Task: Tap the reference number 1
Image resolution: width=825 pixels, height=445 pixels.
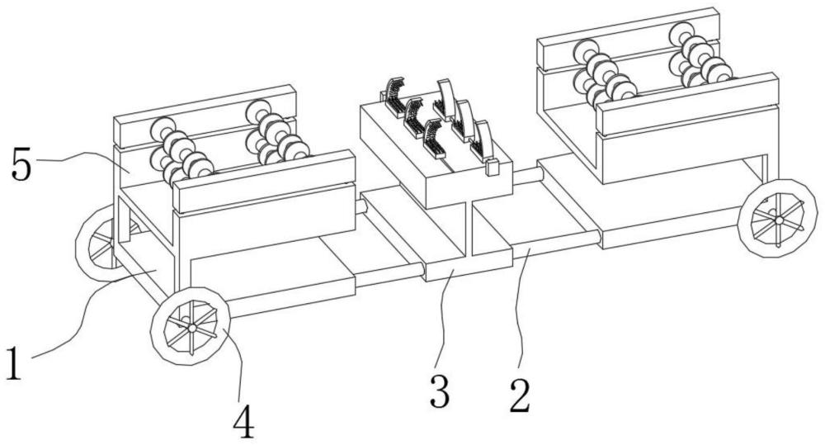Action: (x=14, y=363)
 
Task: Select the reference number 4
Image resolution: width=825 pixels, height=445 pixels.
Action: (x=243, y=423)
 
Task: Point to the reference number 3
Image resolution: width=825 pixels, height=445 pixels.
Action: (x=440, y=391)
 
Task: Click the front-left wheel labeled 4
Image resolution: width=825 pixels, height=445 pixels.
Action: (x=191, y=326)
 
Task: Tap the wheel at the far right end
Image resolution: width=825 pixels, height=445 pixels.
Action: (x=778, y=219)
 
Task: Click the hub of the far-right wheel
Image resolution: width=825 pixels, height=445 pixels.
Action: (x=778, y=220)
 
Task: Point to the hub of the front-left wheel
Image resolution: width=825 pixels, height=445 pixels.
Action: (x=192, y=328)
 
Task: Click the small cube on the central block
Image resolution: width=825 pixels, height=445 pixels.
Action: (x=493, y=168)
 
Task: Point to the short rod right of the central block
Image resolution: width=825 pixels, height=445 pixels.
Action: (x=527, y=176)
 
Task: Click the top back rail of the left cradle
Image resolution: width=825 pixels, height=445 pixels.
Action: (x=205, y=116)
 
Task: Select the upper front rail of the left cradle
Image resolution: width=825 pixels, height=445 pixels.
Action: (x=265, y=182)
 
